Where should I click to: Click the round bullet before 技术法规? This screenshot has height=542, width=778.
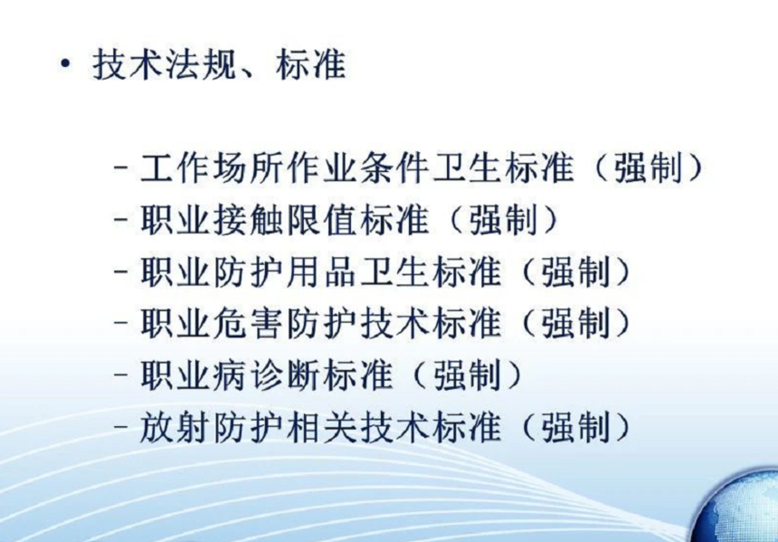pos(64,64)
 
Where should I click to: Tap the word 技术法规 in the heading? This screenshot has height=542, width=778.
pos(164,64)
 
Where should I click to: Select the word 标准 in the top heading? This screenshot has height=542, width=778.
pos(310,64)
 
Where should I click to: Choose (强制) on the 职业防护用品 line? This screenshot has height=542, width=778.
pos(575,272)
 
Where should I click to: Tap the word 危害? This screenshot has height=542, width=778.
pos(248,324)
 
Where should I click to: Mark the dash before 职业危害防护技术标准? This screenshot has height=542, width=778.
pos(121,323)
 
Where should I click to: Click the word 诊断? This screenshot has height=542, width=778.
pos(285,376)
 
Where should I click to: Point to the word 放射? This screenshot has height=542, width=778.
pos(176,428)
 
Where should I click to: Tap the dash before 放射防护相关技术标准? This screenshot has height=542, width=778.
pos(121,427)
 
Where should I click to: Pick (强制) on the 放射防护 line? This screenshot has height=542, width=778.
pos(575,428)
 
